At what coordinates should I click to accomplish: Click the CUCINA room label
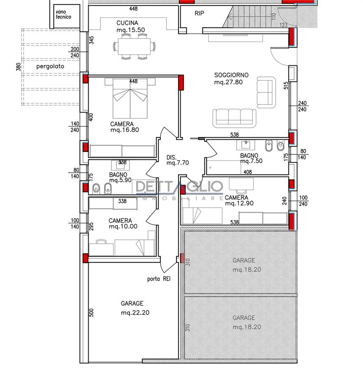pos(127,23)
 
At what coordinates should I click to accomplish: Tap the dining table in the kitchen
pos(134,46)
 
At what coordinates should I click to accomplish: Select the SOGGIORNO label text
pos(231,75)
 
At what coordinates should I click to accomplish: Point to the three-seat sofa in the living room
pos(235,118)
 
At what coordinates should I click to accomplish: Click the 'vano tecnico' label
pos(63,14)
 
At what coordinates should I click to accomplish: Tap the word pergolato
pos(50,67)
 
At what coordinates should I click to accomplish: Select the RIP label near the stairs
pos(199,14)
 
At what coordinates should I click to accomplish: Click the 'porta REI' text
pos(159,279)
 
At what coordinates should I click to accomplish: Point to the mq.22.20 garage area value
pos(135,313)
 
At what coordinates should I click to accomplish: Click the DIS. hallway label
pos(171,157)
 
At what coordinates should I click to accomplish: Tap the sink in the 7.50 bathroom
pos(246,145)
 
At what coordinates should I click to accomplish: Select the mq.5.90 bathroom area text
pos(120,180)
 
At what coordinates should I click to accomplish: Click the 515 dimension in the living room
pos(286,85)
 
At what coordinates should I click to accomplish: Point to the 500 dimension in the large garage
pos(91,312)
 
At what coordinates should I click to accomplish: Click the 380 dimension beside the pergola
pos(19,67)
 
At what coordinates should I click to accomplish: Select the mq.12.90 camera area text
pos(239,203)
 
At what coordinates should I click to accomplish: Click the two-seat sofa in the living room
pos(266,93)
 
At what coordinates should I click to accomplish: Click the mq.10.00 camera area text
pos(123,227)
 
